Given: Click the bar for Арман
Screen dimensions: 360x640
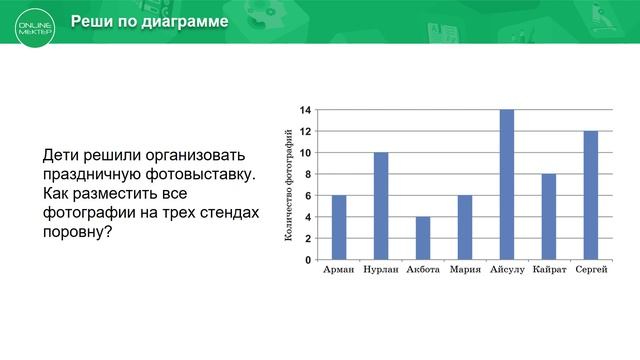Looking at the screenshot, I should (x=339, y=227).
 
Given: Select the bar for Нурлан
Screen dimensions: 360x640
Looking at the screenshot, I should (x=381, y=206).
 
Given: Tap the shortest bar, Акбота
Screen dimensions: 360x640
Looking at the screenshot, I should (x=423, y=238).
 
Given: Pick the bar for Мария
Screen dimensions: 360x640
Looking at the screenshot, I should (x=465, y=227).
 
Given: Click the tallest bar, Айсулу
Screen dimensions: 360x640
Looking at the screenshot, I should (x=507, y=184).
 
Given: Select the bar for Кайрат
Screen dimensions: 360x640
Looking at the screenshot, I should (x=549, y=216).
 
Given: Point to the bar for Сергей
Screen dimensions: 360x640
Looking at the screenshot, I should (x=591, y=195).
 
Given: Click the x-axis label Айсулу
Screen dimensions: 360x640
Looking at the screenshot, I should (x=507, y=271).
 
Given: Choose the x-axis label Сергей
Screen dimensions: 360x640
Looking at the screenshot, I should (x=591, y=271).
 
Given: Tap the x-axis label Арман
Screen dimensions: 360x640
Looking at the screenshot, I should (x=339, y=271).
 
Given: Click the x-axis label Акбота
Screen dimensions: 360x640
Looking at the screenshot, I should (x=423, y=271).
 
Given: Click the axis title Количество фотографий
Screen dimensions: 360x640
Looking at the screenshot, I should (x=289, y=185).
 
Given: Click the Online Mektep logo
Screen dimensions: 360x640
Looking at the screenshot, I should (x=34, y=23).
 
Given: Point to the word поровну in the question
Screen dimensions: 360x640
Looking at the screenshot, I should (x=74, y=231).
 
